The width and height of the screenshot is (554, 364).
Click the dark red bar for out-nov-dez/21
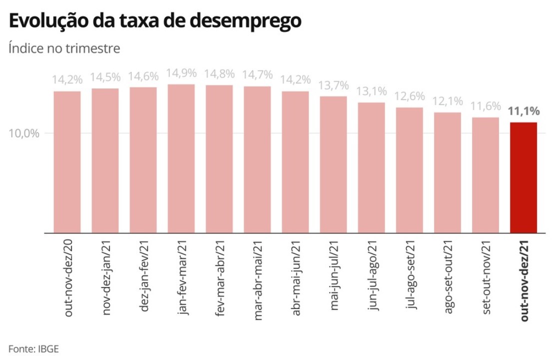[524, 177]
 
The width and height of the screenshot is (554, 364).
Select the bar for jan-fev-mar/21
[181, 158]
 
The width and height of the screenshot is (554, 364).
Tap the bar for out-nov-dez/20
[67, 162]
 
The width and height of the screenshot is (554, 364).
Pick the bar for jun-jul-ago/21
[371, 167]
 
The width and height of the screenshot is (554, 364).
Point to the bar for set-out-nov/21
[486, 175]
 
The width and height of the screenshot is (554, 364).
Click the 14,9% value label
[181, 73]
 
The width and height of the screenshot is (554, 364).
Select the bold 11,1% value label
[524, 111]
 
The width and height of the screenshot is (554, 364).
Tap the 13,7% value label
[334, 85]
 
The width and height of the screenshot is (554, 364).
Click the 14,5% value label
[105, 77]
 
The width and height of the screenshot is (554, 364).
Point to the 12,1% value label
[448, 101]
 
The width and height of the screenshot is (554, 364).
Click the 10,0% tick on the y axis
[23, 133]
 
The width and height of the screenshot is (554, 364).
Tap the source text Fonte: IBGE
[33, 348]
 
